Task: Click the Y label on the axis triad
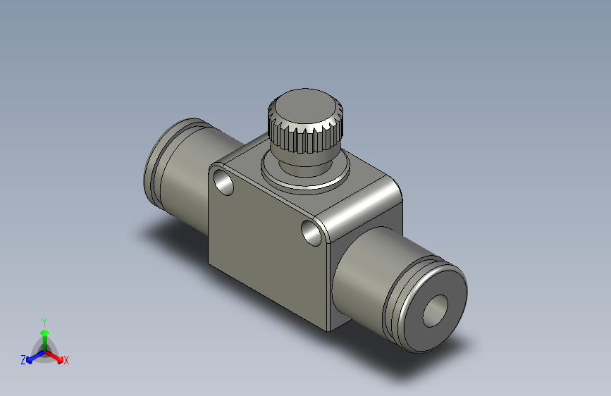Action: [x=44, y=321]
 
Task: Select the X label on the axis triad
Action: [x=66, y=361]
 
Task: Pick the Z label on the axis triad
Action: [x=23, y=360]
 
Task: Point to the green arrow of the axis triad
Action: [x=44, y=335]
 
